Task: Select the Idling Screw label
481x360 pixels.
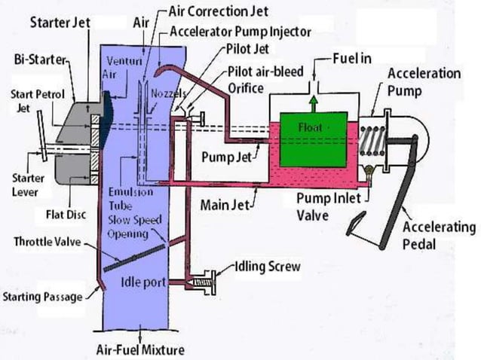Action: pyautogui.click(x=268, y=267)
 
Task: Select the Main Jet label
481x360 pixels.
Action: pyautogui.click(x=229, y=203)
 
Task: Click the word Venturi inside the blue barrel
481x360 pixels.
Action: pyautogui.click(x=121, y=62)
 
